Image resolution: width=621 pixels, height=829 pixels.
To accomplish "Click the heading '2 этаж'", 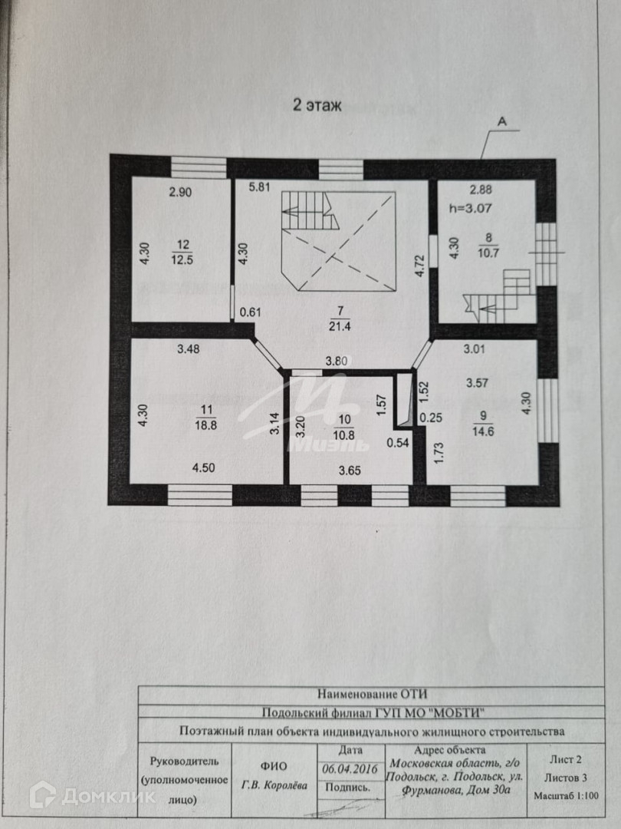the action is [316, 104].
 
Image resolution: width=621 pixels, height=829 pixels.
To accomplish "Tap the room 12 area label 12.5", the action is [182, 259].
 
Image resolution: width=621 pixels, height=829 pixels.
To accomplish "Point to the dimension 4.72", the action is [419, 265].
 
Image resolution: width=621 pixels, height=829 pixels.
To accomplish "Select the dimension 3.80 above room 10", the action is [338, 360].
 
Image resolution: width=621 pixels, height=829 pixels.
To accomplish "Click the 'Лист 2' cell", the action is [566, 760].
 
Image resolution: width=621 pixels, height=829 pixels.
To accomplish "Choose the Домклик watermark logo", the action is [92, 797].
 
